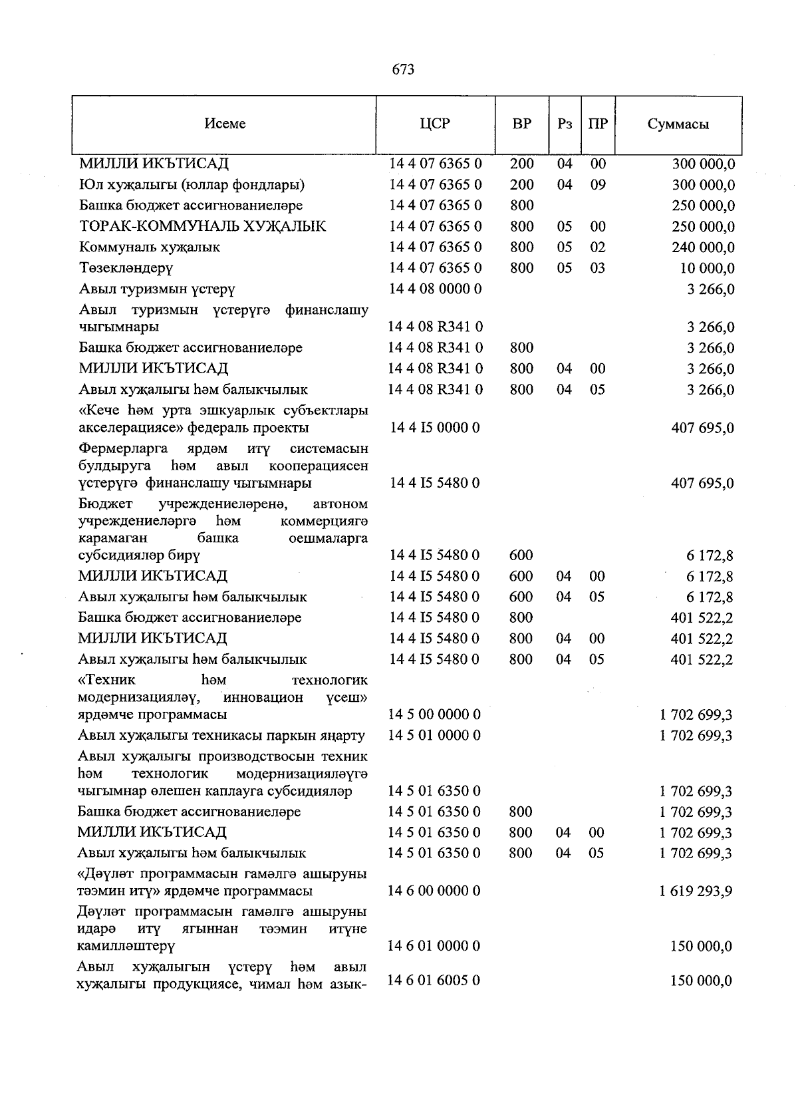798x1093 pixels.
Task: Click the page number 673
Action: (404, 69)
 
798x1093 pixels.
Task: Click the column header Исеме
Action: (225, 124)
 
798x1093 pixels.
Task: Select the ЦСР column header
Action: (435, 124)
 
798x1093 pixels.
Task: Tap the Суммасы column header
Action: (678, 124)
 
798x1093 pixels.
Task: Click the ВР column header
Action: (522, 124)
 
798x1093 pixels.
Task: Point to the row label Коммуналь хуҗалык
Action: (150, 247)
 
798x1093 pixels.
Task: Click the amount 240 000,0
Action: (703, 247)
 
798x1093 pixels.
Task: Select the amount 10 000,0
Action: (706, 268)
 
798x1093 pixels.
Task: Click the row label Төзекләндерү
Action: (126, 268)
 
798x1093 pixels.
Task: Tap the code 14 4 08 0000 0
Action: (436, 289)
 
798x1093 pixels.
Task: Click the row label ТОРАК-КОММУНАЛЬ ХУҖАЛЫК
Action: (203, 226)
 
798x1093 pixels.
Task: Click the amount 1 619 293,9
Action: (696, 891)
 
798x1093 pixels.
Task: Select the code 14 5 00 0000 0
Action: (434, 714)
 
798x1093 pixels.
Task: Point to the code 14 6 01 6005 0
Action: (434, 981)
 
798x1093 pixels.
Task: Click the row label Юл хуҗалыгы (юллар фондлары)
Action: (192, 184)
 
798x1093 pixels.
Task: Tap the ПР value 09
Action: (598, 184)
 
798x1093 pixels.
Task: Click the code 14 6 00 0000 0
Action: (434, 891)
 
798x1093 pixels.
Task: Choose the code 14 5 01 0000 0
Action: (434, 735)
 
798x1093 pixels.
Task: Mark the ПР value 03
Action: (598, 268)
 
